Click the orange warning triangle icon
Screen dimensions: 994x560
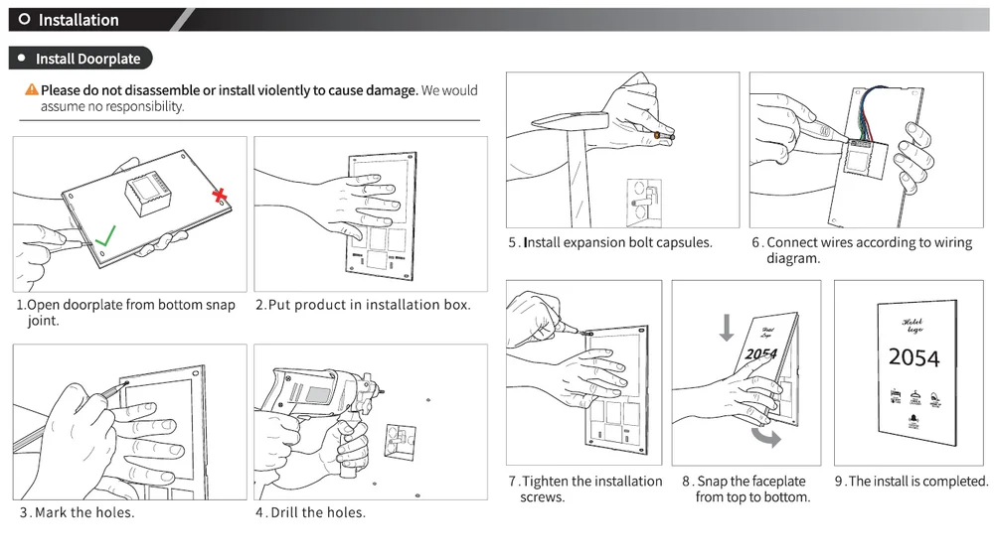(32, 90)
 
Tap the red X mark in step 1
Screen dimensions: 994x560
(220, 197)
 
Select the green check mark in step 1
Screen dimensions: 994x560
(104, 236)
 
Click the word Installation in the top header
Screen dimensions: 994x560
(79, 20)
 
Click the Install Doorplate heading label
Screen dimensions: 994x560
(87, 59)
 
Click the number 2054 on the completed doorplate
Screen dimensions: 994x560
(913, 357)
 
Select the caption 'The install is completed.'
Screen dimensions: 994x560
(917, 482)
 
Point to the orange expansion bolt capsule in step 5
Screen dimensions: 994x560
(658, 132)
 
